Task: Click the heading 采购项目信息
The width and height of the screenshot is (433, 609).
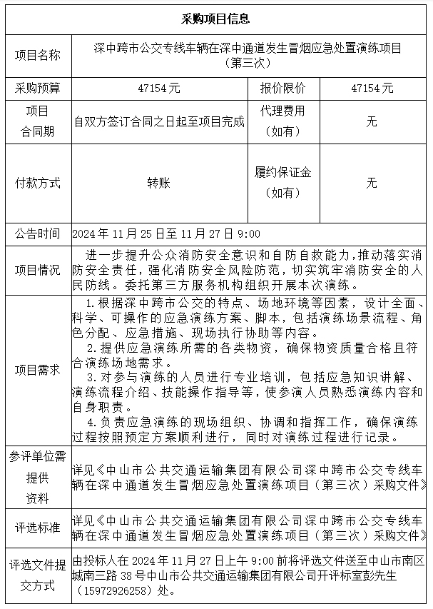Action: click(215, 18)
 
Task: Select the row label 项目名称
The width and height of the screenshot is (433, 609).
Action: click(38, 55)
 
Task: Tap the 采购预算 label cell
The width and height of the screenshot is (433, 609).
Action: click(38, 89)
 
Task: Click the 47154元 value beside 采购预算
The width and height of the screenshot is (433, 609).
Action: click(159, 89)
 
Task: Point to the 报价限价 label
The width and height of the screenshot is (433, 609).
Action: click(282, 89)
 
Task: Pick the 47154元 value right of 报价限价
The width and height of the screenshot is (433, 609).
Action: click(372, 89)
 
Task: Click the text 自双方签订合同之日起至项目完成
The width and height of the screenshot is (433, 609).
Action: click(160, 122)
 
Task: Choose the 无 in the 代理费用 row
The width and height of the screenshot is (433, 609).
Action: click(372, 122)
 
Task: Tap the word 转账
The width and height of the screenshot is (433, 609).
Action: click(159, 183)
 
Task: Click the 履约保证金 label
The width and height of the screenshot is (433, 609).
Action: click(282, 173)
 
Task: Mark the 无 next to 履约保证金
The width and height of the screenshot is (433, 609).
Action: click(372, 183)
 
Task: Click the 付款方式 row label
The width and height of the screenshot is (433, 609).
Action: click(38, 183)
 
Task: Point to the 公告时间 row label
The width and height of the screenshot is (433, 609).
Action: click(38, 233)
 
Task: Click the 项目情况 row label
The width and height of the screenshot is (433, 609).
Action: click(38, 269)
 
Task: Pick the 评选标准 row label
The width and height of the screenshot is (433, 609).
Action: click(38, 528)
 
